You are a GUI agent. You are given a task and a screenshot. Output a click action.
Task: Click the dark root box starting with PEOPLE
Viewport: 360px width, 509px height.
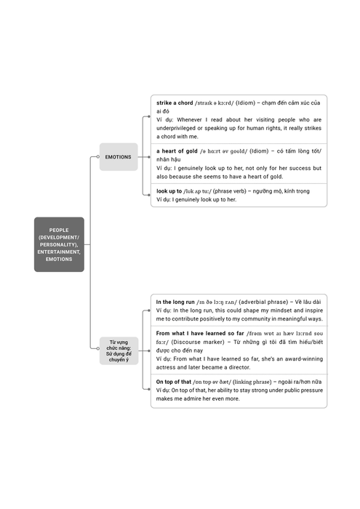click(x=59, y=244)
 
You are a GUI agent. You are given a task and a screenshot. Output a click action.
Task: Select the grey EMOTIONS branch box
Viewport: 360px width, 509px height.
click(x=119, y=157)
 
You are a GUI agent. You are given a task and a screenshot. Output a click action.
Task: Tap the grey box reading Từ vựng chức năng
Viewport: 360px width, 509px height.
click(x=119, y=351)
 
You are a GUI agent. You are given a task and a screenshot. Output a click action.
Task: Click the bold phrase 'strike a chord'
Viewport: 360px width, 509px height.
click(x=175, y=103)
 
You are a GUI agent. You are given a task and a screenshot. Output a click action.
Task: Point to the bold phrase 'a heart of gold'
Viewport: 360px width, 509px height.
click(x=177, y=151)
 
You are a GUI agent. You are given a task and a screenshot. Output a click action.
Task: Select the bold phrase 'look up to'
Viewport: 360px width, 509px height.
click(x=169, y=191)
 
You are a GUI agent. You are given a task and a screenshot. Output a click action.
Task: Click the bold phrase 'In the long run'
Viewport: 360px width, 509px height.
click(x=175, y=302)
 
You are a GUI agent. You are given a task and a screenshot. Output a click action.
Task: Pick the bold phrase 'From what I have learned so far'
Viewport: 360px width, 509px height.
click(x=200, y=333)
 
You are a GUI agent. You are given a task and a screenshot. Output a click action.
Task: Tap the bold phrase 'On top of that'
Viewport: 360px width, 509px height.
click(x=174, y=382)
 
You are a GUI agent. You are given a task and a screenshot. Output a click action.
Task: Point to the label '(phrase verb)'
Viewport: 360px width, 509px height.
click(x=230, y=191)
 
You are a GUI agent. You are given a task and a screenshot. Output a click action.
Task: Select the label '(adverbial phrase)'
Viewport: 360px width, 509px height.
click(x=263, y=302)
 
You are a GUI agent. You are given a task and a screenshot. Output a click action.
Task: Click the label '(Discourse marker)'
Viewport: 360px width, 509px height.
click(x=198, y=342)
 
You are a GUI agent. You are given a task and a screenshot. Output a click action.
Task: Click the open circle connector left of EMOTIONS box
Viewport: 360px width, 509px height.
click(x=98, y=157)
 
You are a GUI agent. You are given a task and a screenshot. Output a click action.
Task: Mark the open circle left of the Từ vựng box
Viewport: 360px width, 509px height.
click(x=98, y=348)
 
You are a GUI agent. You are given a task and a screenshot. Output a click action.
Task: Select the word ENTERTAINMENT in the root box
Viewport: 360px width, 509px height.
click(x=59, y=252)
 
